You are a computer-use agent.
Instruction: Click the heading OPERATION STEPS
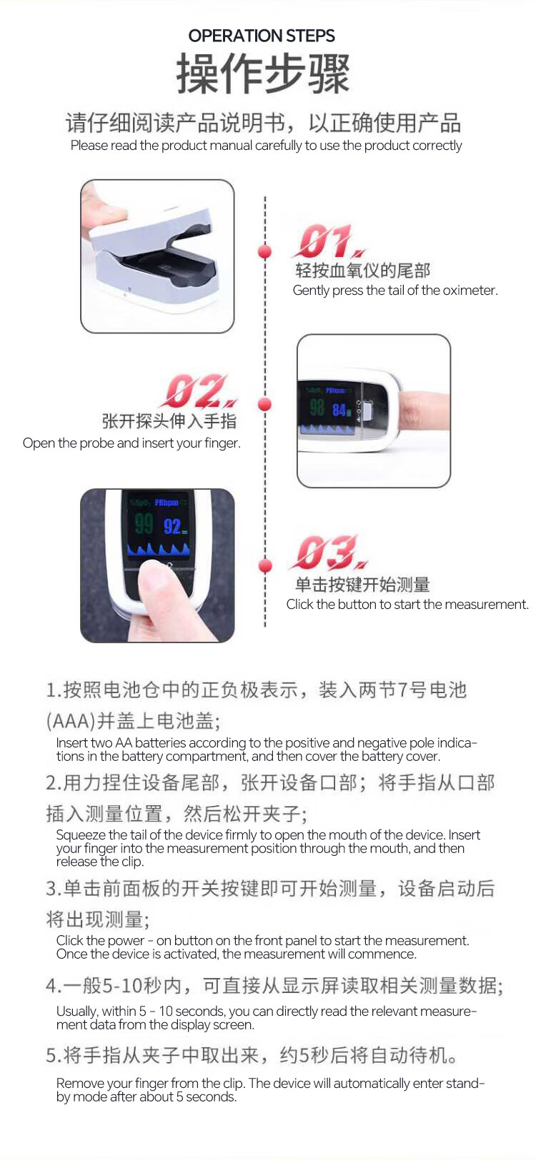262,36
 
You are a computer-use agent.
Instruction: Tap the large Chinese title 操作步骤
263,74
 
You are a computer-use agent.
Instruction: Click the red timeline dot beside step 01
265,252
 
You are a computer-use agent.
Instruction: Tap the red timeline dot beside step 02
265,404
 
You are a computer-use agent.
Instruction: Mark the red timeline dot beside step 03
265,565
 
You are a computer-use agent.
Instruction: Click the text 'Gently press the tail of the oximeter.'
395,291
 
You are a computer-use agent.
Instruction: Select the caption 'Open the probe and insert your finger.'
131,443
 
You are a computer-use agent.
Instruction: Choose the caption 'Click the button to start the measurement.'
407,605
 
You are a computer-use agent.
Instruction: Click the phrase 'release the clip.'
100,862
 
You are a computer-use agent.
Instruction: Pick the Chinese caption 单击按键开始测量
362,584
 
